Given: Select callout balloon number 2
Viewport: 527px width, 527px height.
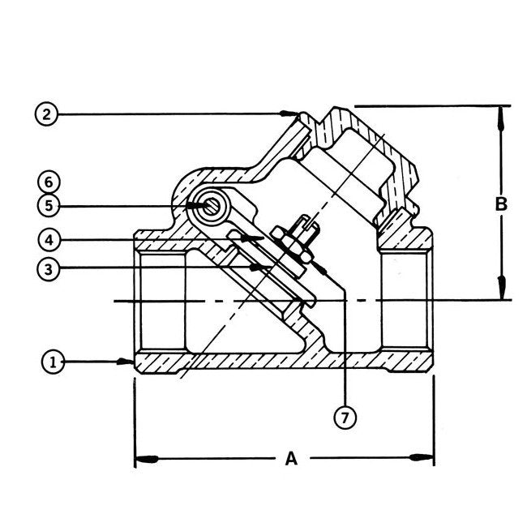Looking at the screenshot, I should pyautogui.click(x=47, y=114).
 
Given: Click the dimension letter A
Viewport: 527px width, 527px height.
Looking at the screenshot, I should pyautogui.click(x=289, y=460).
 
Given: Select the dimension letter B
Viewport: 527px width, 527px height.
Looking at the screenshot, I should pyautogui.click(x=502, y=204).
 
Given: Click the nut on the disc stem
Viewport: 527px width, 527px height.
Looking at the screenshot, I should pyautogui.click(x=289, y=245).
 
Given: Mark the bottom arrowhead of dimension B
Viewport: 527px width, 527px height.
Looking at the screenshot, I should pyautogui.click(x=502, y=290).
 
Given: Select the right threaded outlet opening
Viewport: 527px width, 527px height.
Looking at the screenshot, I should pyautogui.click(x=405, y=300).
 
